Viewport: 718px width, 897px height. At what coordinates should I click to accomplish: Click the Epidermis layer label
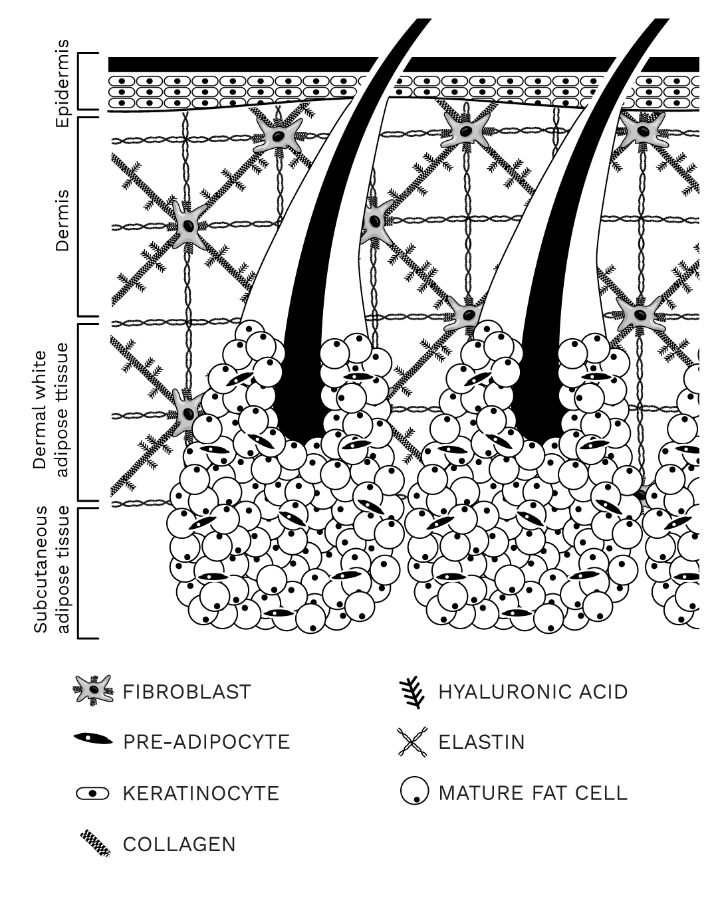pos(62,83)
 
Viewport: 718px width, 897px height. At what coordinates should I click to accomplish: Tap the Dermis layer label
pos(62,221)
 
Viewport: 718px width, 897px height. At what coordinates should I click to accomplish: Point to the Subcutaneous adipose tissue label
pos(51,570)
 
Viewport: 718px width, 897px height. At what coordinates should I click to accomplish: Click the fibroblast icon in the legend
pos(92,691)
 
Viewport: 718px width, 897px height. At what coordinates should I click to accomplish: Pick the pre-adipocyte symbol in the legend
pos(92,739)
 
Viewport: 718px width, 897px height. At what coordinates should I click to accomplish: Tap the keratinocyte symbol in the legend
pos(92,793)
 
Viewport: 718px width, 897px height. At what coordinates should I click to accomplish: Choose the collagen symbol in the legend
pos(96,844)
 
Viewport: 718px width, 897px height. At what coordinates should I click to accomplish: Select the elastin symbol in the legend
pos(413,742)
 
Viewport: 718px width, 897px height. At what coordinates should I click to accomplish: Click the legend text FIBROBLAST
pos(187,692)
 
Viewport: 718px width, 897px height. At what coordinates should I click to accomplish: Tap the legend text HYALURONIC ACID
pos(533,692)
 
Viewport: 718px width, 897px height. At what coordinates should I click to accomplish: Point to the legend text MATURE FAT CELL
pos(533,793)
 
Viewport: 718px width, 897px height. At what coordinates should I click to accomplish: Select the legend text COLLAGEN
pos(179,845)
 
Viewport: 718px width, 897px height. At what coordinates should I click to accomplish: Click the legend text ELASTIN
pos(481,742)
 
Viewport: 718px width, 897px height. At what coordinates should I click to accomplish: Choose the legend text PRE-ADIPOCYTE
pos(206,742)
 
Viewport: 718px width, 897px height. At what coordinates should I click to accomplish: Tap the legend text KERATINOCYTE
pos(201,793)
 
